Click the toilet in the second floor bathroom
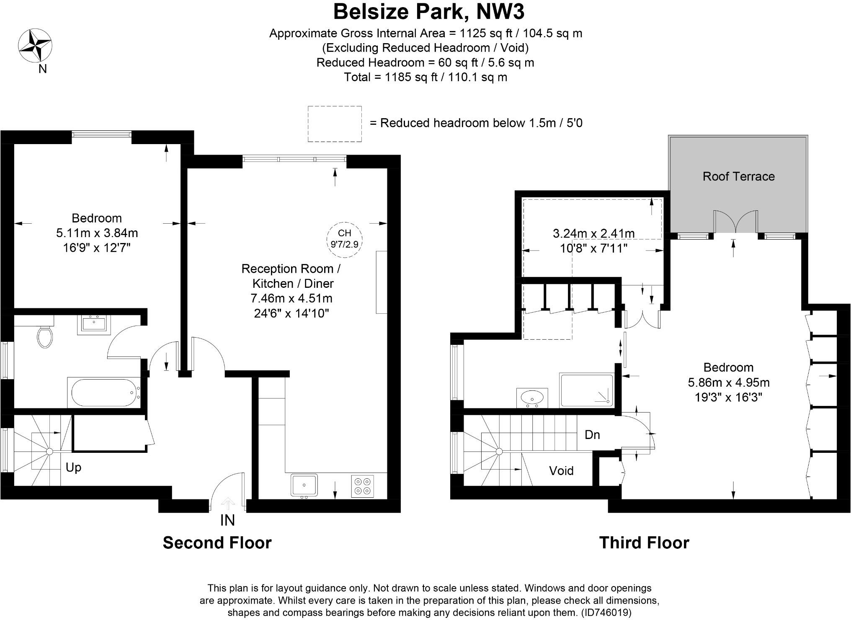click(44, 337)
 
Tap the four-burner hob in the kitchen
click(363, 486)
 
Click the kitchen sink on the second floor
click(304, 485)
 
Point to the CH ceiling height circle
click(344, 239)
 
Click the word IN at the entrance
click(227, 520)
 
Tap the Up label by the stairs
click(73, 467)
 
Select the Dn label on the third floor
click(592, 435)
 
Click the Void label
click(561, 471)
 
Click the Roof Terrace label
click(738, 176)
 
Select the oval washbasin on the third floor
click(532, 396)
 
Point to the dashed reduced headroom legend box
click(335, 124)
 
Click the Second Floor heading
click(217, 543)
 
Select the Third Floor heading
click(644, 543)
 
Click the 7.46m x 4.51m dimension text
click(291, 298)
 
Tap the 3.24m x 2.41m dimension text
click(593, 233)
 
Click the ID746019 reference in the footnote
click(606, 612)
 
